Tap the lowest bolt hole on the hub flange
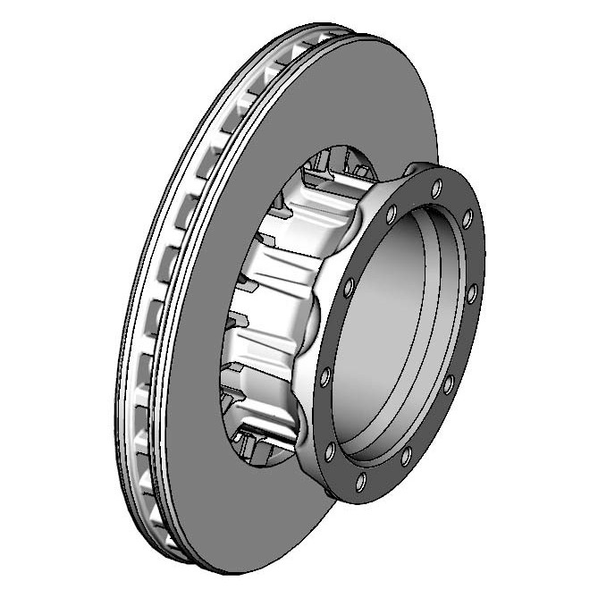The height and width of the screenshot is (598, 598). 360,482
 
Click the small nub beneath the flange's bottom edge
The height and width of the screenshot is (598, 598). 333,493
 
